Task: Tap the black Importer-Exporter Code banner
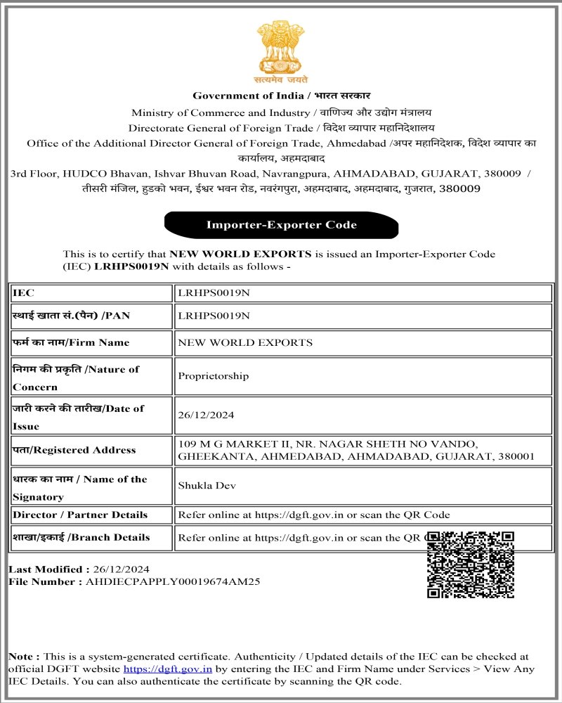coord(281,225)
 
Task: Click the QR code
coord(471,565)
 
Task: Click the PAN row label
coord(71,316)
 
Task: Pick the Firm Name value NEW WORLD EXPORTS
coord(245,342)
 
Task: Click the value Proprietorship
coord(214,376)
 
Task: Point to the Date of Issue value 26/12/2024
coord(206,415)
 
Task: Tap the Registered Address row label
coord(74,450)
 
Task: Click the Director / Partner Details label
coord(80,515)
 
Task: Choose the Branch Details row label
coord(81,538)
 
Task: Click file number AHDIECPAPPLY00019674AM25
coord(173,581)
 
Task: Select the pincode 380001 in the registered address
coord(516,456)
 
